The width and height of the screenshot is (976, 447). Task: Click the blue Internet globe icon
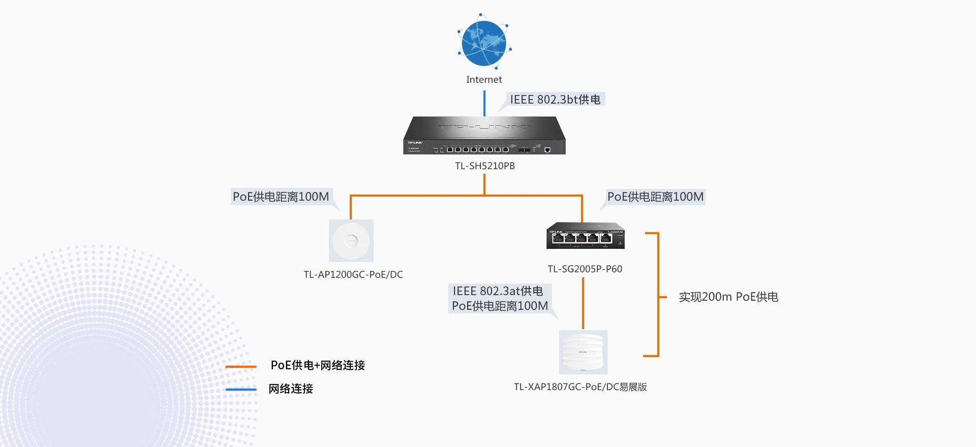point(484,43)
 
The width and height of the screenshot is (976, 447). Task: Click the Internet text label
point(484,80)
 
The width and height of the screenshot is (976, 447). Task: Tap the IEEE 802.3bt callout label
point(555,100)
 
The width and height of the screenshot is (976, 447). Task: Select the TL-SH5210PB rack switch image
point(484,136)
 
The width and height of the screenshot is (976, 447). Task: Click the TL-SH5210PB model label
point(485,166)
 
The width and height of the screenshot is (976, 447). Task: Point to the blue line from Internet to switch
point(484,103)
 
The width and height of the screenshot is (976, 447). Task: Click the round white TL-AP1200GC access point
point(351,241)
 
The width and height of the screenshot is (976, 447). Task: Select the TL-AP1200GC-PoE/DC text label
point(353,275)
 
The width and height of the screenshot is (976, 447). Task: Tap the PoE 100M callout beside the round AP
point(281,197)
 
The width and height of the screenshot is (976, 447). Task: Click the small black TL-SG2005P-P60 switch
point(586,236)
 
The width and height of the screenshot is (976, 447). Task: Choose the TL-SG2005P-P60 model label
point(585,269)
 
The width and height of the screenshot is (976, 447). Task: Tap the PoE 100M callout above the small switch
point(655,197)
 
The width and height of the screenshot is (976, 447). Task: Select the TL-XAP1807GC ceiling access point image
point(583,352)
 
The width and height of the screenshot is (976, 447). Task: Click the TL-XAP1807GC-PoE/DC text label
point(581,387)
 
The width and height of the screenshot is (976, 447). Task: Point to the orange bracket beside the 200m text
point(658,295)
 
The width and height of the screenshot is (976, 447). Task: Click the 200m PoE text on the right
point(728,297)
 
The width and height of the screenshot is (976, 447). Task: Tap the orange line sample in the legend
point(241,366)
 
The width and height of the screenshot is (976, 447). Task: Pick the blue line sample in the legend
point(241,390)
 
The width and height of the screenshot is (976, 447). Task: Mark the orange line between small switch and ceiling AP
point(583,303)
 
